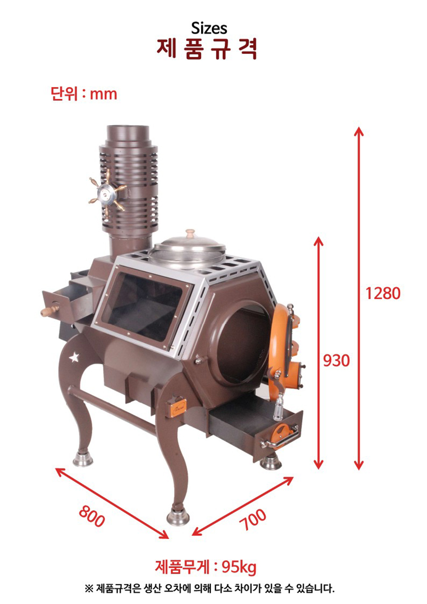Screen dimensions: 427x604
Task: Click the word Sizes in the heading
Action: (209, 28)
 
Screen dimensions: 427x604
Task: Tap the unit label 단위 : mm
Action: (84, 93)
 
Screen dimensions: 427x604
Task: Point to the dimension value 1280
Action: (383, 294)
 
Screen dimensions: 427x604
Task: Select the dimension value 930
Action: (336, 360)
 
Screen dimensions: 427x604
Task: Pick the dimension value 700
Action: (252, 519)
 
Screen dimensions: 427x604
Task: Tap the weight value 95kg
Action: (239, 567)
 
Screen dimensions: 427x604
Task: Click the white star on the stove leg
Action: (74, 357)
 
